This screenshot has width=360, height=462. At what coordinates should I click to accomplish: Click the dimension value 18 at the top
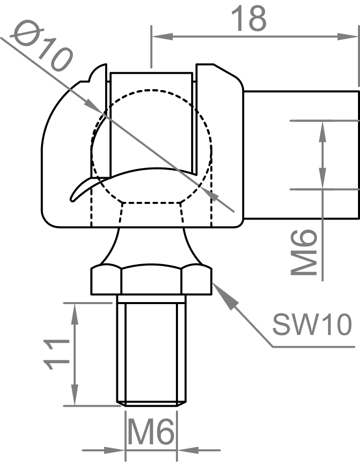(248, 19)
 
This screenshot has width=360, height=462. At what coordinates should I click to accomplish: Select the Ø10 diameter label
(42, 46)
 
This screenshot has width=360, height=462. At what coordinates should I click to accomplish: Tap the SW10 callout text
(311, 325)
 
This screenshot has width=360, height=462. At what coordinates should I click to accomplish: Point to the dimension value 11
(55, 354)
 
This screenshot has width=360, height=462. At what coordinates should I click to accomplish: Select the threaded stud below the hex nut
(151, 352)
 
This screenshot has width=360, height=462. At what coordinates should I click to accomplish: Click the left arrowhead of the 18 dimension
(162, 36)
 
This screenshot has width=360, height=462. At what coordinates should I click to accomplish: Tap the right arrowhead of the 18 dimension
(349, 36)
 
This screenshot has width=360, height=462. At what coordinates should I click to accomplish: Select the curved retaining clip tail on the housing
(81, 190)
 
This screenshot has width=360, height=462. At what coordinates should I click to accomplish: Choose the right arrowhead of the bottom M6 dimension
(188, 449)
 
